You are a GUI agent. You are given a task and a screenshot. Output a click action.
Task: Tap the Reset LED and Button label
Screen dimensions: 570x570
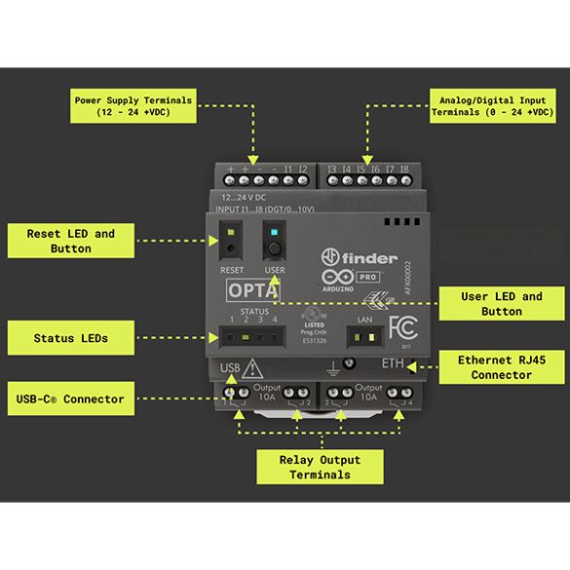pos(69,241)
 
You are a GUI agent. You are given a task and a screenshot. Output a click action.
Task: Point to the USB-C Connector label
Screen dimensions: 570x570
pos(69,399)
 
